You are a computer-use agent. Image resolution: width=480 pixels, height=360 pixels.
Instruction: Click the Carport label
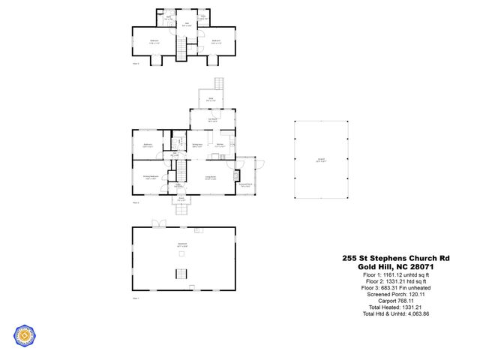click(x=321, y=160)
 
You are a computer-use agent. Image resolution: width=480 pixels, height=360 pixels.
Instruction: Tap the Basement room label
click(x=182, y=244)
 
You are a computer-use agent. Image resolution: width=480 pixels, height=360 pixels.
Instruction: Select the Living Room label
click(x=211, y=178)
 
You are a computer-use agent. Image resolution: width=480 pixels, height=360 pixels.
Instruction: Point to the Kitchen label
click(x=221, y=145)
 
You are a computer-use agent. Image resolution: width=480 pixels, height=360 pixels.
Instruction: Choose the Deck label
click(x=211, y=100)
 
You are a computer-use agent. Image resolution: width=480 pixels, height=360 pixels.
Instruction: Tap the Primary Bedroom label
click(x=149, y=178)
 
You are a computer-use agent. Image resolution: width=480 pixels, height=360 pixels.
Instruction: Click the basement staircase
click(x=180, y=272)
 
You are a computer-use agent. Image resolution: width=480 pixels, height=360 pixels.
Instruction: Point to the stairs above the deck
click(x=219, y=82)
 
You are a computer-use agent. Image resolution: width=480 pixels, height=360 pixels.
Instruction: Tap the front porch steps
click(x=181, y=209)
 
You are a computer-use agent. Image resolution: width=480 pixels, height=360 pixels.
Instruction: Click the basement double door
click(x=157, y=223)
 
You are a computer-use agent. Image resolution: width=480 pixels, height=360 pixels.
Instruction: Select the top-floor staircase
click(x=180, y=49)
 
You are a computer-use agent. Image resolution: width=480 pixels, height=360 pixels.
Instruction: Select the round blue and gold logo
click(x=26, y=337)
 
